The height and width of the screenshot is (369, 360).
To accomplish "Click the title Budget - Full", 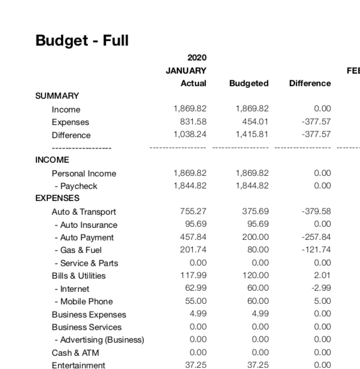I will (x=82, y=41).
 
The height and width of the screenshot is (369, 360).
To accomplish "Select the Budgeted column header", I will (x=249, y=83).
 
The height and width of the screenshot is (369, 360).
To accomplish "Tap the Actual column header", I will (x=193, y=83).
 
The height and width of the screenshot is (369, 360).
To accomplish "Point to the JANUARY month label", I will (x=186, y=71).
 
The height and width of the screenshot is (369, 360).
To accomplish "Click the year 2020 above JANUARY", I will (x=197, y=58).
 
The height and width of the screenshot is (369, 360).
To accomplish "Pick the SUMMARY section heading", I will (x=57, y=96).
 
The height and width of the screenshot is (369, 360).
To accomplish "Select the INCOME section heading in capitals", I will (x=52, y=160).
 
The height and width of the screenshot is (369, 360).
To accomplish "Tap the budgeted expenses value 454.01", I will (x=256, y=122).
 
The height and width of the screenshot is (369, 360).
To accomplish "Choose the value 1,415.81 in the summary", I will (x=252, y=135).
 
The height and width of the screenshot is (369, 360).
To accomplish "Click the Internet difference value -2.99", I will (x=321, y=288).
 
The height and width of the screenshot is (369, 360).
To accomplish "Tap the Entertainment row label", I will (x=78, y=366).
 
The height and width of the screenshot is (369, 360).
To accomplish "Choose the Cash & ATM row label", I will (x=75, y=353).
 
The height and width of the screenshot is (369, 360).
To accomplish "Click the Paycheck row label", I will (x=76, y=186).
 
